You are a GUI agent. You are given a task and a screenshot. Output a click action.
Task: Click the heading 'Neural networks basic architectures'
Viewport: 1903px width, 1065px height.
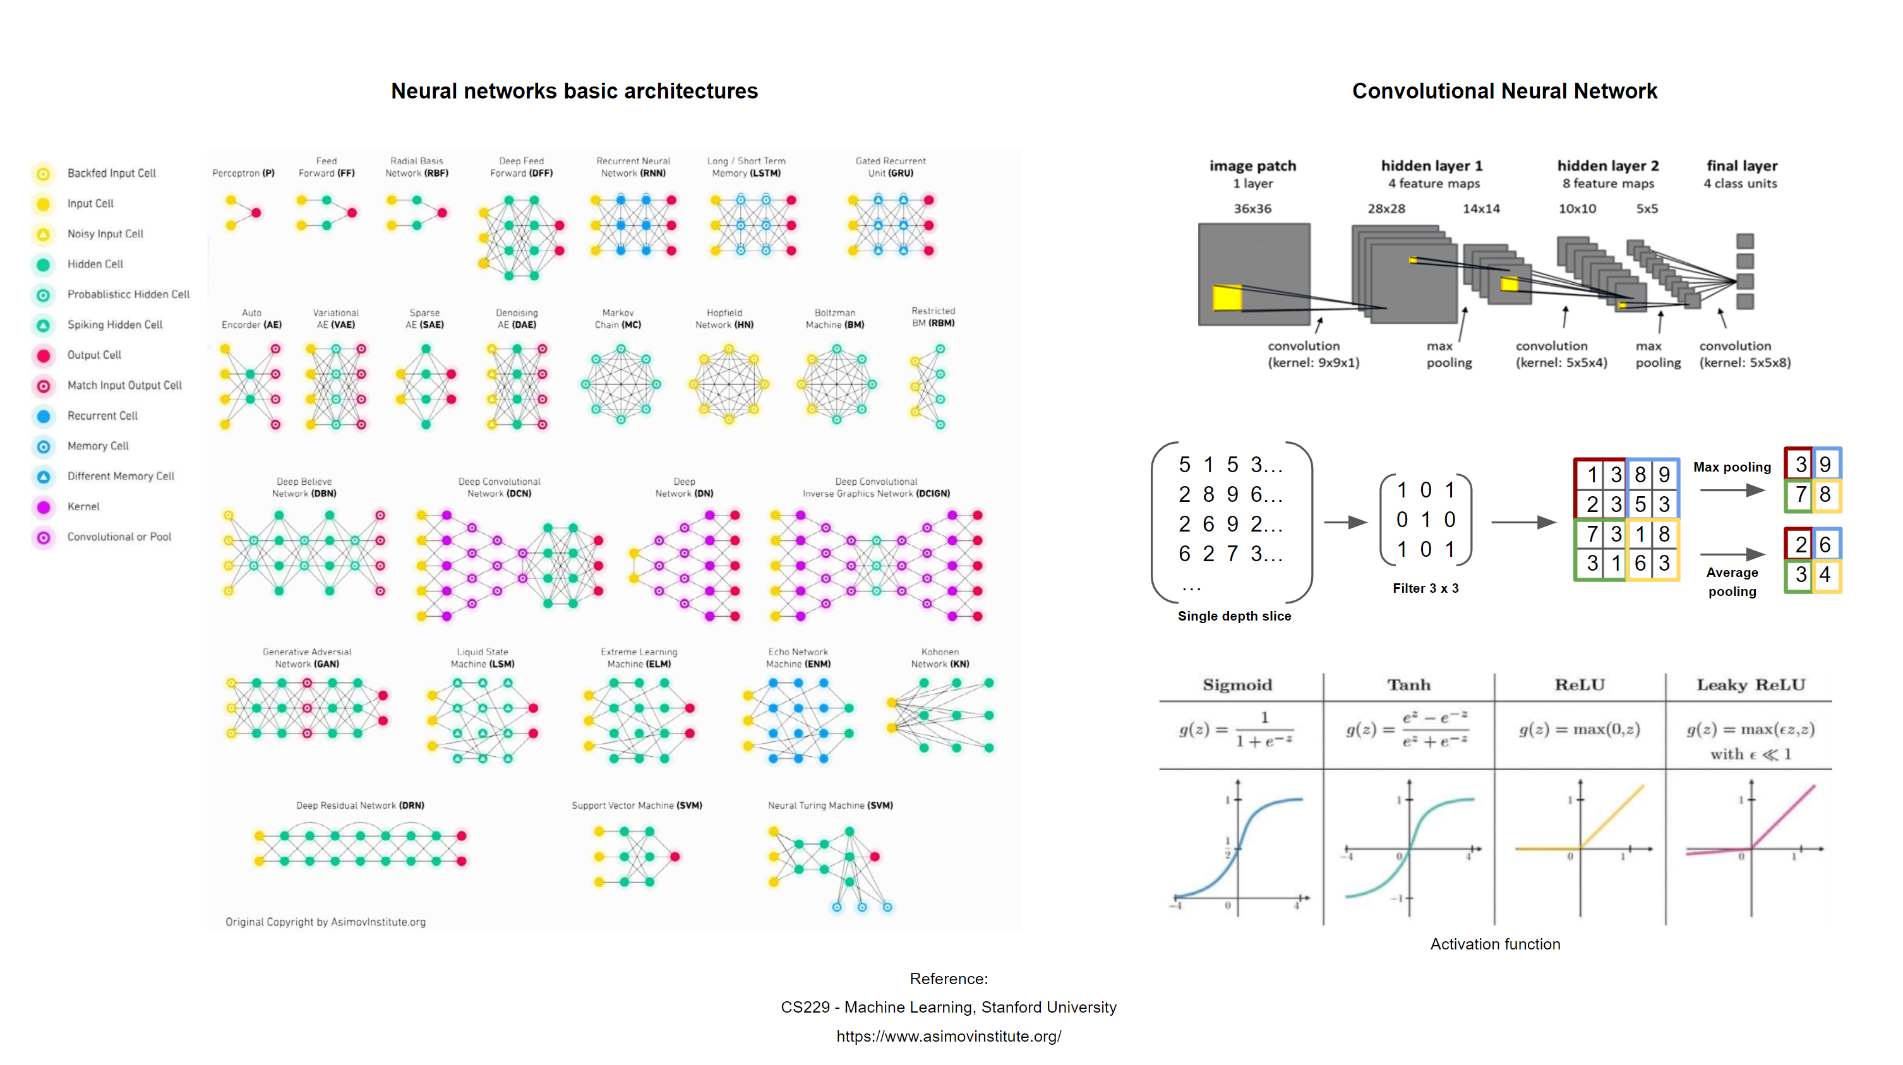(574, 91)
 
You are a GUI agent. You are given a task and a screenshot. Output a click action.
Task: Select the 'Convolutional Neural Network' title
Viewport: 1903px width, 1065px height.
(1504, 91)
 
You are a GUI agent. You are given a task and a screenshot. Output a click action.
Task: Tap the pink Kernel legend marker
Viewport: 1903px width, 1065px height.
(44, 507)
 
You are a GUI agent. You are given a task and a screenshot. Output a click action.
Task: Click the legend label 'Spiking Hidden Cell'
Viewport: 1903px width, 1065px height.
(114, 325)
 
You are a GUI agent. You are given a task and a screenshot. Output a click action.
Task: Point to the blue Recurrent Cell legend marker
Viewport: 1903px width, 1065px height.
(44, 416)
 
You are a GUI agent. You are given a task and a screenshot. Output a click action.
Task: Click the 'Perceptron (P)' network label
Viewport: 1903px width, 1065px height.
(243, 174)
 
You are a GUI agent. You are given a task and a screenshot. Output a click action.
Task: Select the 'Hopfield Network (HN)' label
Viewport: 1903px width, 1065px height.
(724, 319)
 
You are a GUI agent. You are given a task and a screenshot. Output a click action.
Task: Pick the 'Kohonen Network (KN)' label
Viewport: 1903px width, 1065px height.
(940, 658)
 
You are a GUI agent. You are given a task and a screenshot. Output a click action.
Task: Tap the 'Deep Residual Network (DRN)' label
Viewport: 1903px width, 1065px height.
(360, 806)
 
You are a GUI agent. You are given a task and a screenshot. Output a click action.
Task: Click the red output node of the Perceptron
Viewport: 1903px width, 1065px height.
(256, 213)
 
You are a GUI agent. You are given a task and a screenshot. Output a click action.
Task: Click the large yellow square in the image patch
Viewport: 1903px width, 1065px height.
(1227, 297)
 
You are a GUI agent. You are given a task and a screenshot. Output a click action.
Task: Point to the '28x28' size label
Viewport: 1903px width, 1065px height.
(1386, 209)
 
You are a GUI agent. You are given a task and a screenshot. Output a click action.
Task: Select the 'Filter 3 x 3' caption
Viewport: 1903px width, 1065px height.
(1425, 588)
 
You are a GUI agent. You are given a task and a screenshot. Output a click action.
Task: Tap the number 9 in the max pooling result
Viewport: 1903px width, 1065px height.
(1825, 465)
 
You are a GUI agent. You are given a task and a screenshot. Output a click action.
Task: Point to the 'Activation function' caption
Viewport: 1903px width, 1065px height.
(1494, 944)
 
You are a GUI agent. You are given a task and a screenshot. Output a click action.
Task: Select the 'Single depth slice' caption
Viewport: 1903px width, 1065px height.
(1234, 617)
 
